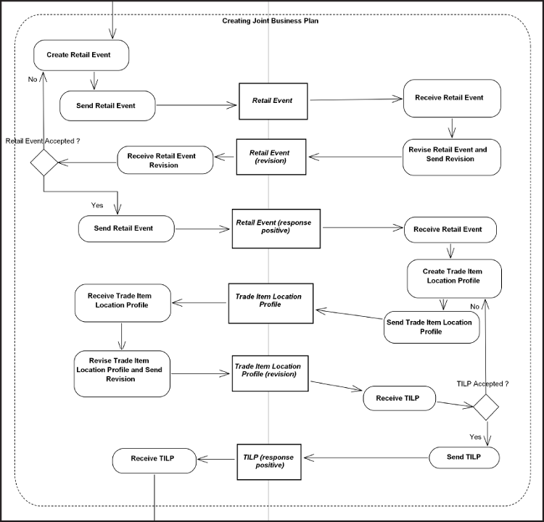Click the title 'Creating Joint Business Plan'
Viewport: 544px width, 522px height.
click(270, 20)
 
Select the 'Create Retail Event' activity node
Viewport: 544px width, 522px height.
click(81, 54)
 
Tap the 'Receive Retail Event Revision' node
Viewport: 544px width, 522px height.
click(165, 160)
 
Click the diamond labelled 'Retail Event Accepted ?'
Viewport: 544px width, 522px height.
click(44, 162)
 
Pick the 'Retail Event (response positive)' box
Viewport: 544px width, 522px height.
click(276, 228)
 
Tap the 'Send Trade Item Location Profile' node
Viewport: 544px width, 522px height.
click(432, 328)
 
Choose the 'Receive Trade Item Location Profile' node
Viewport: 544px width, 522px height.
click(123, 302)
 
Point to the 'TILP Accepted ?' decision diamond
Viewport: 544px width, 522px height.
click(486, 407)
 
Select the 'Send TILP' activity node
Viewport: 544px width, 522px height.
click(464, 457)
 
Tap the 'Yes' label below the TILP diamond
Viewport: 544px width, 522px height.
click(475, 437)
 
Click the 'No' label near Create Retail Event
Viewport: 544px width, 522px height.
click(33, 79)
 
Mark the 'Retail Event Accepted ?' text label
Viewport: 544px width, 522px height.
click(42, 141)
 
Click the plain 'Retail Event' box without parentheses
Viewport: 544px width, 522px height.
click(273, 101)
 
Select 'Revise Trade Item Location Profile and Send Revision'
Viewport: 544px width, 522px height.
click(121, 373)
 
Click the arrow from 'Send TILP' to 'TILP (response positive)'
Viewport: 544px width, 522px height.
click(366, 457)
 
